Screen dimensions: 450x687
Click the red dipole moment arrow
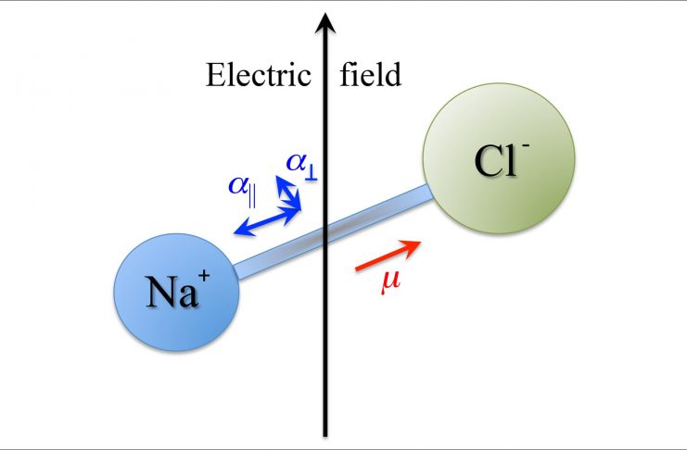pos(388,256)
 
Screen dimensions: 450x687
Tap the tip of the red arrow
pos(419,244)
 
